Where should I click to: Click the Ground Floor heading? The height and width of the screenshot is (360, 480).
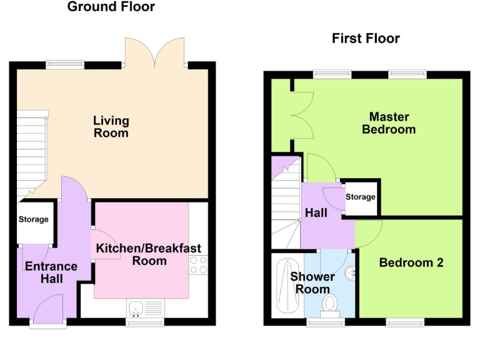point(111,7)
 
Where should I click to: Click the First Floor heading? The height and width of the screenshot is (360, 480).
point(366,39)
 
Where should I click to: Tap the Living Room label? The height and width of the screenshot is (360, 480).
point(111,126)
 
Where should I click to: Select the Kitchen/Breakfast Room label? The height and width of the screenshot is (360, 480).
point(149,254)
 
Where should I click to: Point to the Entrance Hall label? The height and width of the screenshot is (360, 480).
point(51,272)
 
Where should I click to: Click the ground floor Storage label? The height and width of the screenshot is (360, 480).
point(33,219)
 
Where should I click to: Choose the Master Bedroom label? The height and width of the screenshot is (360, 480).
point(389,123)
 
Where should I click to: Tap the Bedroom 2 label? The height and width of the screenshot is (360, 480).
point(411,262)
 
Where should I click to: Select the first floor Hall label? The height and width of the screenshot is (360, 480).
point(316,213)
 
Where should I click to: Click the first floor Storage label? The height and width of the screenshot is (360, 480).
point(361,197)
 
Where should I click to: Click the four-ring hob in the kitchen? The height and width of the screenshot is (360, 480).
point(198,265)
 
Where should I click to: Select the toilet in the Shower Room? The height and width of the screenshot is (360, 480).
point(329,304)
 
